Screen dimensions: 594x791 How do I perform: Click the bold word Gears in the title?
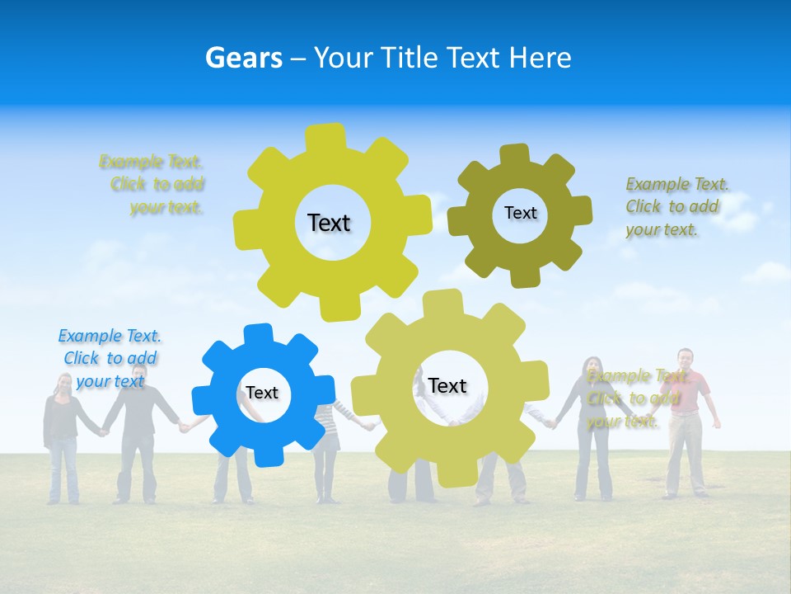(x=243, y=58)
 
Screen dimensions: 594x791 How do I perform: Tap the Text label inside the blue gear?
(x=262, y=393)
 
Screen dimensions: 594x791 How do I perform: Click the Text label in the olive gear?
(x=520, y=213)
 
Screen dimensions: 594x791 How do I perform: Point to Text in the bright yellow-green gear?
(x=329, y=223)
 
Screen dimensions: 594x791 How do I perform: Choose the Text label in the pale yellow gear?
(x=447, y=385)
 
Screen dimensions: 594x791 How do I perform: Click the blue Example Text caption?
(x=110, y=358)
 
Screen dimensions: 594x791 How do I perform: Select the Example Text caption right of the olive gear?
(x=676, y=206)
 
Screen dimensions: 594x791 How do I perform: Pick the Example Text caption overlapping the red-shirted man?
(x=634, y=398)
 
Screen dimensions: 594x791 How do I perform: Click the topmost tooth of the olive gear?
(x=516, y=154)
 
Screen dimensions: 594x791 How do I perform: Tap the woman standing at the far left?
(x=63, y=437)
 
